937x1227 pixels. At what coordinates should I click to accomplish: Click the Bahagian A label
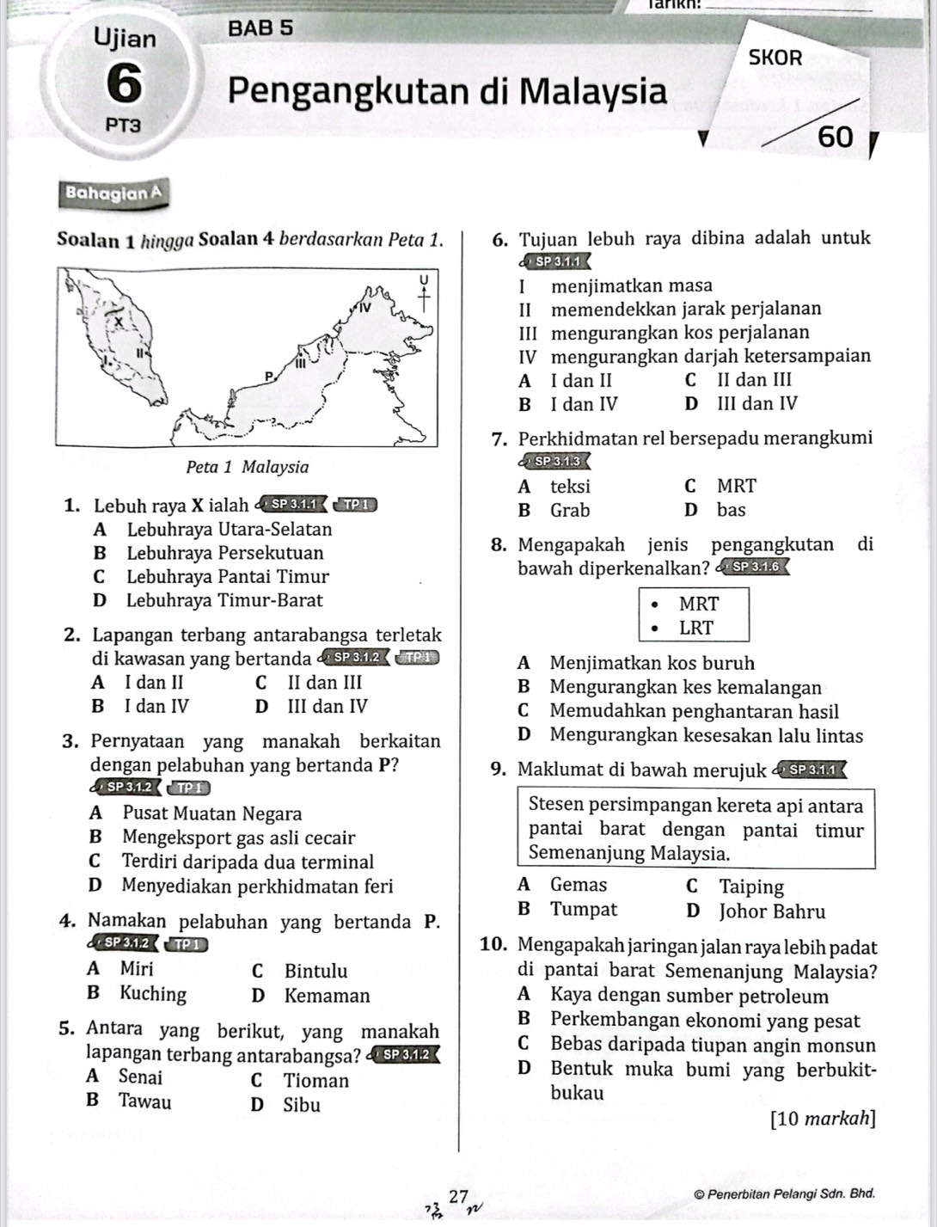click(x=113, y=193)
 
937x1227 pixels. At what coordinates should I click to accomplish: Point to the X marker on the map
click(x=119, y=319)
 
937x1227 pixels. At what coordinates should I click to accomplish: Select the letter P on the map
click(x=267, y=376)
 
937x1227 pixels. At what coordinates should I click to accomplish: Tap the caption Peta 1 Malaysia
click(x=247, y=467)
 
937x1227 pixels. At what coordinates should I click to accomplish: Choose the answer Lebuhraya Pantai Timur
click(x=227, y=576)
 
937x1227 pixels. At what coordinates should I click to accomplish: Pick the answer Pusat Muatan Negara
click(x=211, y=813)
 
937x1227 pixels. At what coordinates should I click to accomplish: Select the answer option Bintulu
click(x=315, y=972)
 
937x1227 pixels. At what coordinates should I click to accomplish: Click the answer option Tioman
click(x=315, y=1081)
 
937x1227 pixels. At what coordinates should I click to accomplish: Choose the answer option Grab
click(x=570, y=510)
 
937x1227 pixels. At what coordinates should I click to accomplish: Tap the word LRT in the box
click(x=696, y=628)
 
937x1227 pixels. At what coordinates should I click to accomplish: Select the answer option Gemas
click(x=579, y=885)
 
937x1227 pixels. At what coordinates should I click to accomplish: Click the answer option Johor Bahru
click(x=772, y=911)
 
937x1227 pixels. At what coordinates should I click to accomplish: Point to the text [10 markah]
click(x=824, y=1119)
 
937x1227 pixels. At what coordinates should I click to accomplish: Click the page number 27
click(x=459, y=1196)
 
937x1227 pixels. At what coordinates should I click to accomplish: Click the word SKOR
click(x=775, y=58)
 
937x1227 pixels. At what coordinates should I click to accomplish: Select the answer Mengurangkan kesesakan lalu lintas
click(x=706, y=735)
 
